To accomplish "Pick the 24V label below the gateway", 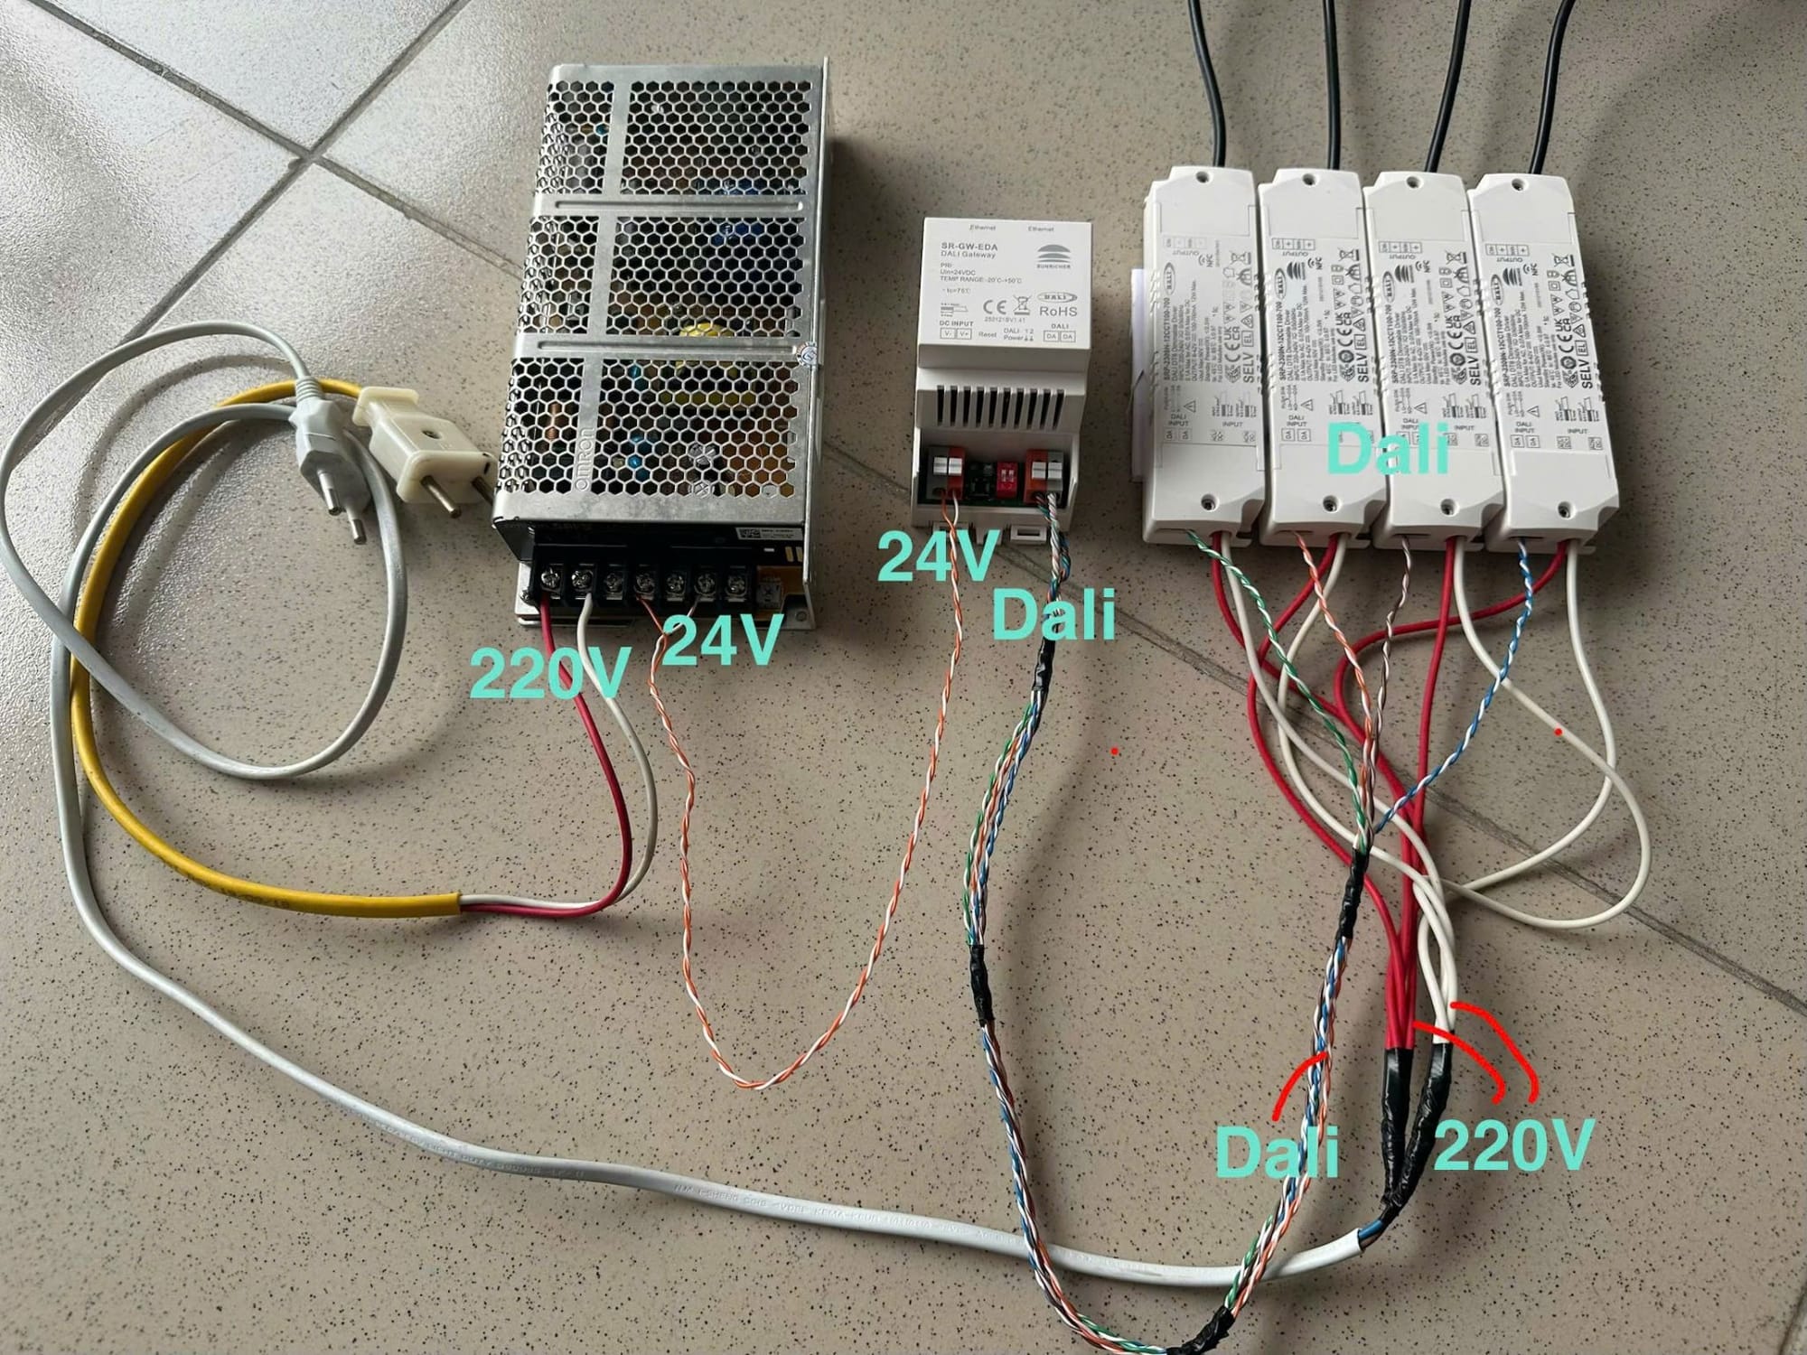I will pyautogui.click(x=937, y=555).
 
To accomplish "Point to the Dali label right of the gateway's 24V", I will pyautogui.click(x=1053, y=613).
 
